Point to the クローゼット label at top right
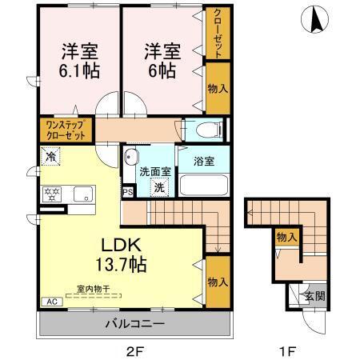pos(217,33)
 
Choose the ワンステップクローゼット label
pos(66,130)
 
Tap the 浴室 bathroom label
pos(204,161)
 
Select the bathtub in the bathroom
pos(203,185)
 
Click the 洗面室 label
pos(155,170)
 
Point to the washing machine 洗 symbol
pos(159,187)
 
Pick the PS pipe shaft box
pos(127,193)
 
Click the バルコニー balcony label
pos(134,324)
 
